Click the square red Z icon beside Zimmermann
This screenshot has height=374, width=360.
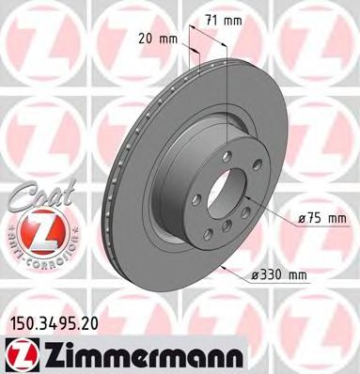[18, 353]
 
